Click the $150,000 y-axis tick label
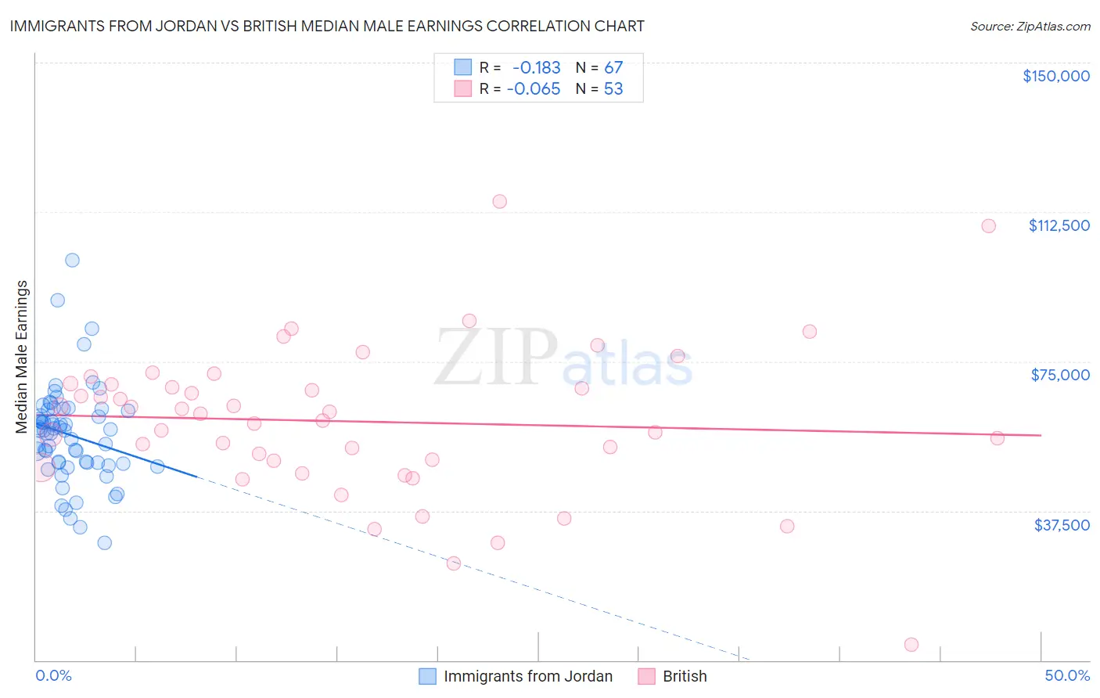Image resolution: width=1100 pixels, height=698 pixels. (x=1055, y=76)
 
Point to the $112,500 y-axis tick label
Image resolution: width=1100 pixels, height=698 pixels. (x=1059, y=225)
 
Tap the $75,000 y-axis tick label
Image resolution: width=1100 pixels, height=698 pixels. (x=1060, y=375)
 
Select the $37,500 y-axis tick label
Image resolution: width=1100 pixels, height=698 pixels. (x=1062, y=524)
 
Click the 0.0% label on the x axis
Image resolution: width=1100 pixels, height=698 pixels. (x=53, y=675)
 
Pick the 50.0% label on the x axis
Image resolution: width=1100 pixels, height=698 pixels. (x=1066, y=675)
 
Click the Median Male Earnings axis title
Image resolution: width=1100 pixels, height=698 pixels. (x=22, y=357)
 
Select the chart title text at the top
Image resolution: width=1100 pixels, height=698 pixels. (x=327, y=26)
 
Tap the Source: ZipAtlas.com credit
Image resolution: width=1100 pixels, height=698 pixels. (x=1030, y=27)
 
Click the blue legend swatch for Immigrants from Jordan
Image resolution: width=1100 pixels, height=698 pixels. (x=427, y=676)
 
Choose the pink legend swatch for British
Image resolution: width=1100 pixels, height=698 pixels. (x=646, y=676)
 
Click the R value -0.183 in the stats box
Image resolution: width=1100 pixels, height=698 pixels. (x=536, y=68)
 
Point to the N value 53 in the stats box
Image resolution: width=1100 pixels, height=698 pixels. (x=613, y=89)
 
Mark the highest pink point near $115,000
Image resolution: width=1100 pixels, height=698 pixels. (x=499, y=202)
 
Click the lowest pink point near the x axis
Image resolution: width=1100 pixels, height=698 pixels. (x=911, y=645)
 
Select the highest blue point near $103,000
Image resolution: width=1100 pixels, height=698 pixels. (x=72, y=260)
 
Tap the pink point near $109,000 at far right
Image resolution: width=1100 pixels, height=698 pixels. (x=988, y=226)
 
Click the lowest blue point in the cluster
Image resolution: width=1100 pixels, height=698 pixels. (x=104, y=543)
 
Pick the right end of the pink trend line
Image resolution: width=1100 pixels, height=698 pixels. (x=1041, y=435)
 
